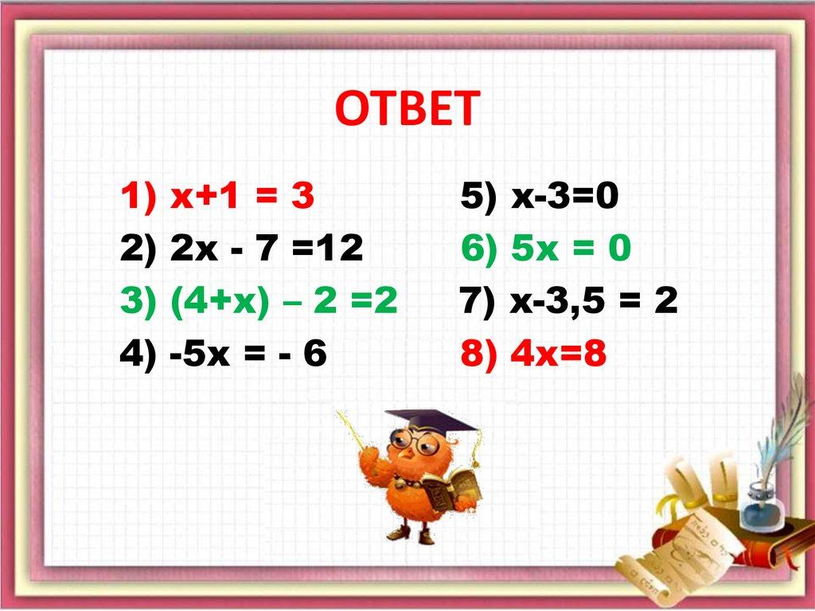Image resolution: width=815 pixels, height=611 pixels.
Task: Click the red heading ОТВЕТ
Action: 407,109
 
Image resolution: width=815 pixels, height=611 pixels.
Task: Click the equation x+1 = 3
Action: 242,197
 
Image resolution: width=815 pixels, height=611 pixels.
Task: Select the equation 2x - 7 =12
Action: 266,250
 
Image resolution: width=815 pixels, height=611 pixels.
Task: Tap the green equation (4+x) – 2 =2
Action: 283,303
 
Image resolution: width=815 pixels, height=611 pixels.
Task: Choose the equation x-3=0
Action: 564,197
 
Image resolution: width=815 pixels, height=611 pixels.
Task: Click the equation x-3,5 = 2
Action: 594,303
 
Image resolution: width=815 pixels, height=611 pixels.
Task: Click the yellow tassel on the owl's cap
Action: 476,451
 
